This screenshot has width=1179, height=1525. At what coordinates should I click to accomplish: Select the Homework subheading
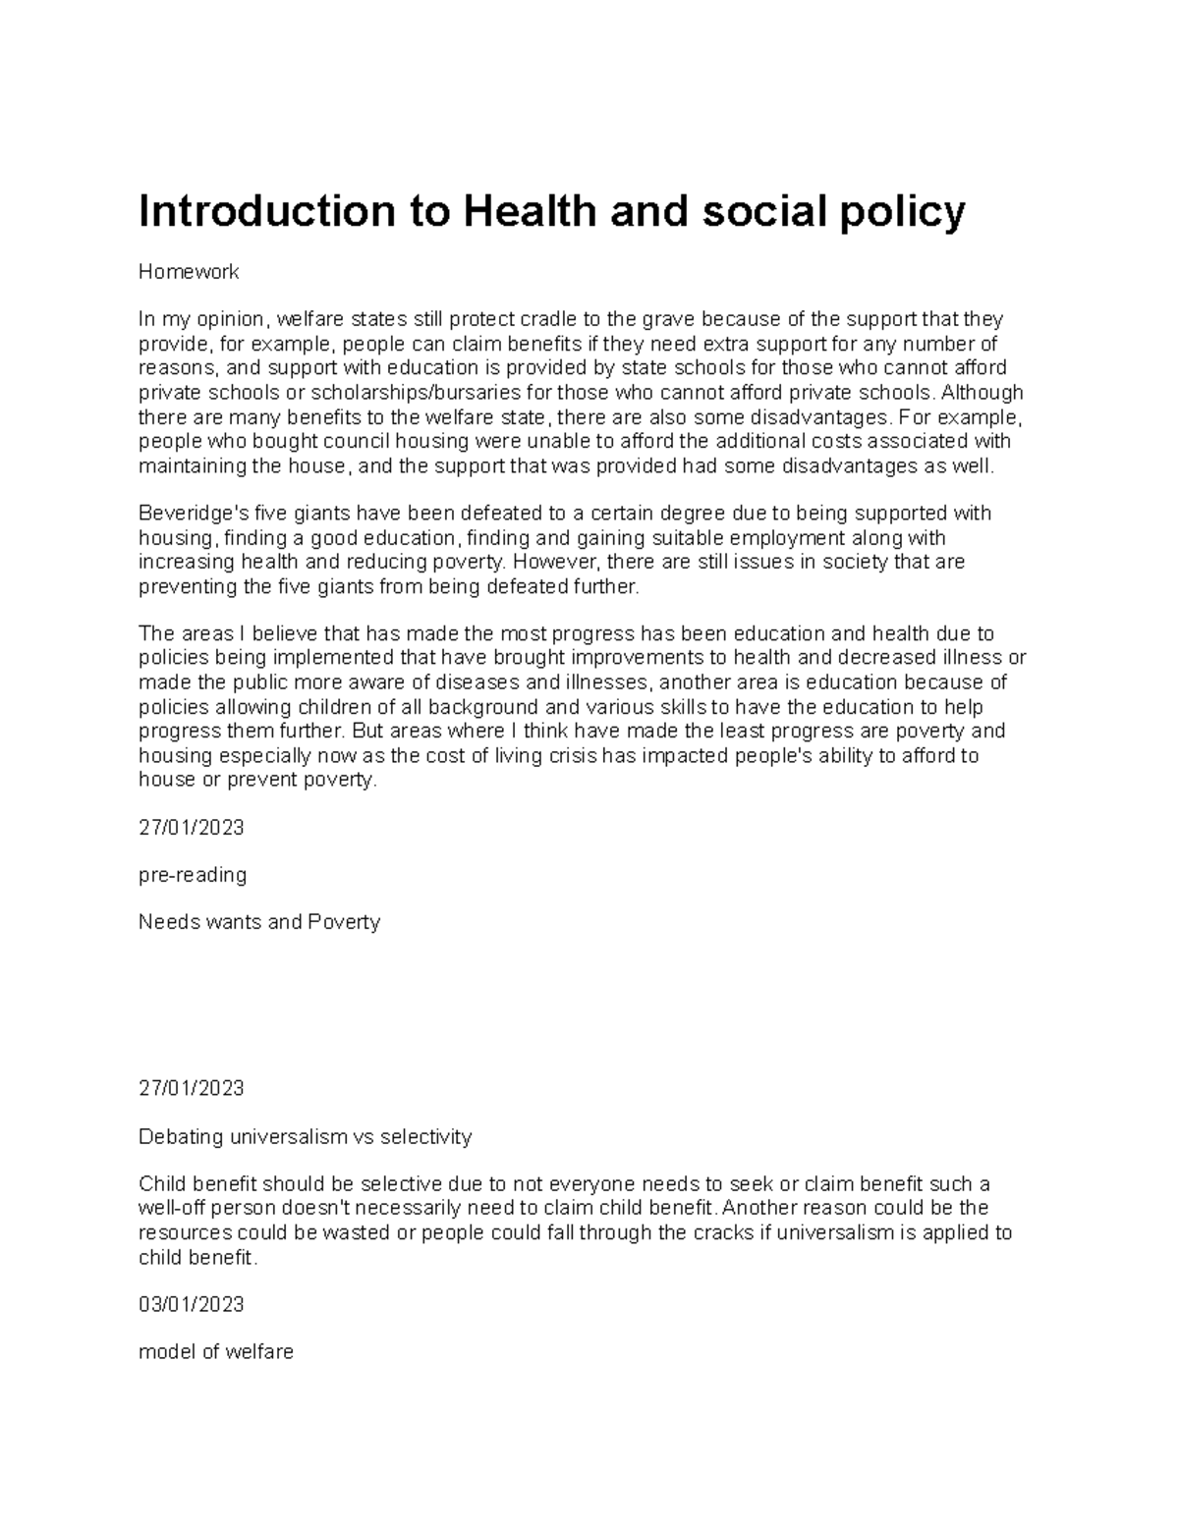click(189, 272)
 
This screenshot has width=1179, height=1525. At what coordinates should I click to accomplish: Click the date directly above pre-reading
click(191, 828)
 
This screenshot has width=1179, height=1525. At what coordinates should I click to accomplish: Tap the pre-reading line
click(193, 875)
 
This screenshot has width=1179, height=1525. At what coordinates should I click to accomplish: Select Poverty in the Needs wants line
click(343, 923)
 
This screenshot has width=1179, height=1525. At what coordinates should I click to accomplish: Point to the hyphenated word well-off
click(172, 1208)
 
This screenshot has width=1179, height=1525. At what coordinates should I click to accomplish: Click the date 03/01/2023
click(191, 1305)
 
